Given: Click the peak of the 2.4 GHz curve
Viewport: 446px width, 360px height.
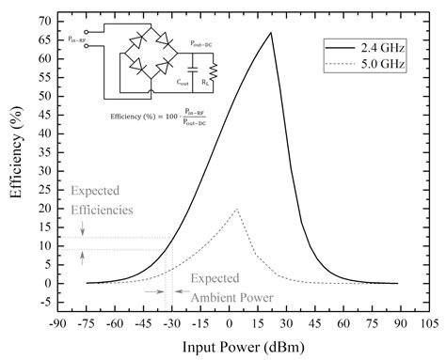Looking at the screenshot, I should click(271, 33).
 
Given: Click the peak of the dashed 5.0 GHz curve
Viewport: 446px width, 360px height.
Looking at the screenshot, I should click(237, 210).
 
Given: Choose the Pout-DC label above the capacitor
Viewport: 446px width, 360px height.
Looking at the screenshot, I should click(200, 43).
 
